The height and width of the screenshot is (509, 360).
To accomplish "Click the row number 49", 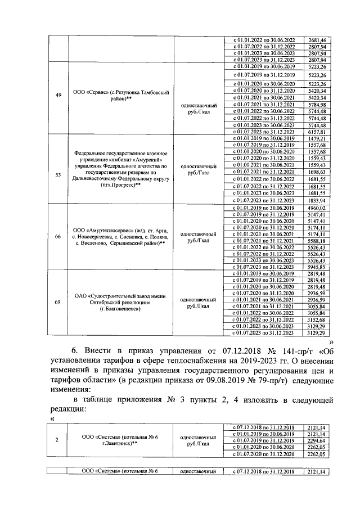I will pyautogui.click(x=58, y=95).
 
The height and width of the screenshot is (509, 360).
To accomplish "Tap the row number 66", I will pyautogui.click(x=58, y=236).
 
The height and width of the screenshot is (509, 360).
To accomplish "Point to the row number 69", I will pyautogui.click(x=58, y=303).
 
